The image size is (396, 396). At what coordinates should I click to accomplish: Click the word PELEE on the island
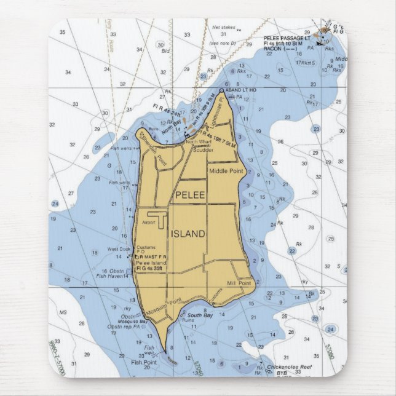[191, 195]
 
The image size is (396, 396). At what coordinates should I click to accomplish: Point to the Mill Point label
[239, 283]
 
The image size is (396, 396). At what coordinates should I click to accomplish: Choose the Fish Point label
[145, 362]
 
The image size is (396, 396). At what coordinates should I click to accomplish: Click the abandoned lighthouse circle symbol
[222, 90]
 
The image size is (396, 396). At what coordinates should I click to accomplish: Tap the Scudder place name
[202, 149]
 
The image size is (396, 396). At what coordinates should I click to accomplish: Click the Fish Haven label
[113, 276]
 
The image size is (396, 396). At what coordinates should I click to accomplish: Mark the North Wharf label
[199, 142]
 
